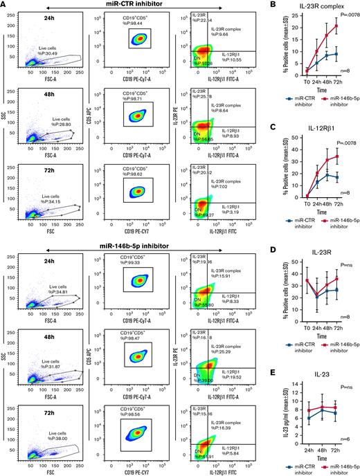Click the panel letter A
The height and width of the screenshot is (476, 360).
click(x=5, y=5)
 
